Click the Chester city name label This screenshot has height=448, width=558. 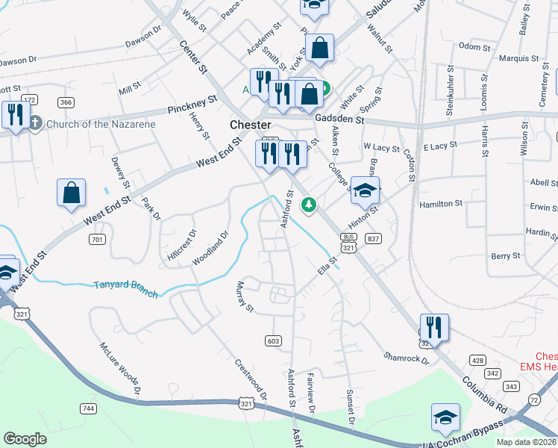[x=250, y=125]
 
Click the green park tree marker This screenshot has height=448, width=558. [x=307, y=204]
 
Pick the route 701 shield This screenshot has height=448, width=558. [x=96, y=240]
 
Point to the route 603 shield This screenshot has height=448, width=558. [x=273, y=340]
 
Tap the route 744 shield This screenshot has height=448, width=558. [x=88, y=408]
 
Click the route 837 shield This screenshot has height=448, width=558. [x=374, y=238]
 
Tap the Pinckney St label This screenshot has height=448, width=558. [x=192, y=104]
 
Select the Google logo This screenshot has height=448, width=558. [x=25, y=439]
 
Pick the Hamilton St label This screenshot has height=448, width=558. [x=441, y=203]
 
